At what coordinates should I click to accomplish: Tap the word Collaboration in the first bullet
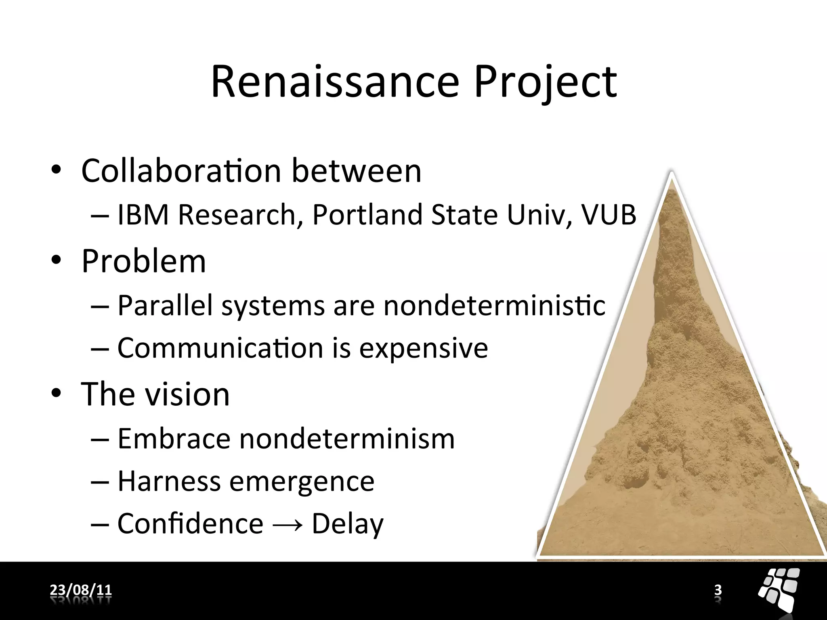pyautogui.click(x=181, y=171)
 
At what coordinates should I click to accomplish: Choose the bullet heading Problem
pyautogui.click(x=144, y=262)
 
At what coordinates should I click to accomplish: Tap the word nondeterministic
pyautogui.click(x=494, y=305)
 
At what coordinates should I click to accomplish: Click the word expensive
pyautogui.click(x=424, y=348)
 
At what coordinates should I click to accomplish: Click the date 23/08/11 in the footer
pyautogui.click(x=81, y=590)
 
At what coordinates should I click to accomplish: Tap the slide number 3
pyautogui.click(x=718, y=590)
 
